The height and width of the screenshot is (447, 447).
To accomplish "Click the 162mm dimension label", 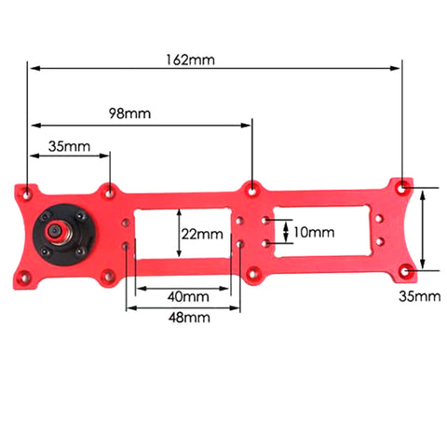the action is tap(190, 60).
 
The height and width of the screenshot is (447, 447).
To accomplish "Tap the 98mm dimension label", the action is tap(129, 114).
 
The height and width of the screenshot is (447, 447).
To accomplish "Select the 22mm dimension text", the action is tap(202, 234).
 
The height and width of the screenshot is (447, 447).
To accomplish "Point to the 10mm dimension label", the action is tap(314, 232).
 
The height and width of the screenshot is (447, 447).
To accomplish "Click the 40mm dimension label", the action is tap(188, 297).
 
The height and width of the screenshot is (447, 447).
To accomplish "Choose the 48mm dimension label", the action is tap(189, 318).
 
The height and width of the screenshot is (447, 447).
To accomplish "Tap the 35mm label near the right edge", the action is tap(420, 296).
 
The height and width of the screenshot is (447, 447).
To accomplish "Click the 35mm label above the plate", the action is tap(69, 146).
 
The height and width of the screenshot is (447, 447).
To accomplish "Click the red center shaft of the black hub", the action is tap(56, 231).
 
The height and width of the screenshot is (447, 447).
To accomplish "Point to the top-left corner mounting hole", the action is tap(27, 196).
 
